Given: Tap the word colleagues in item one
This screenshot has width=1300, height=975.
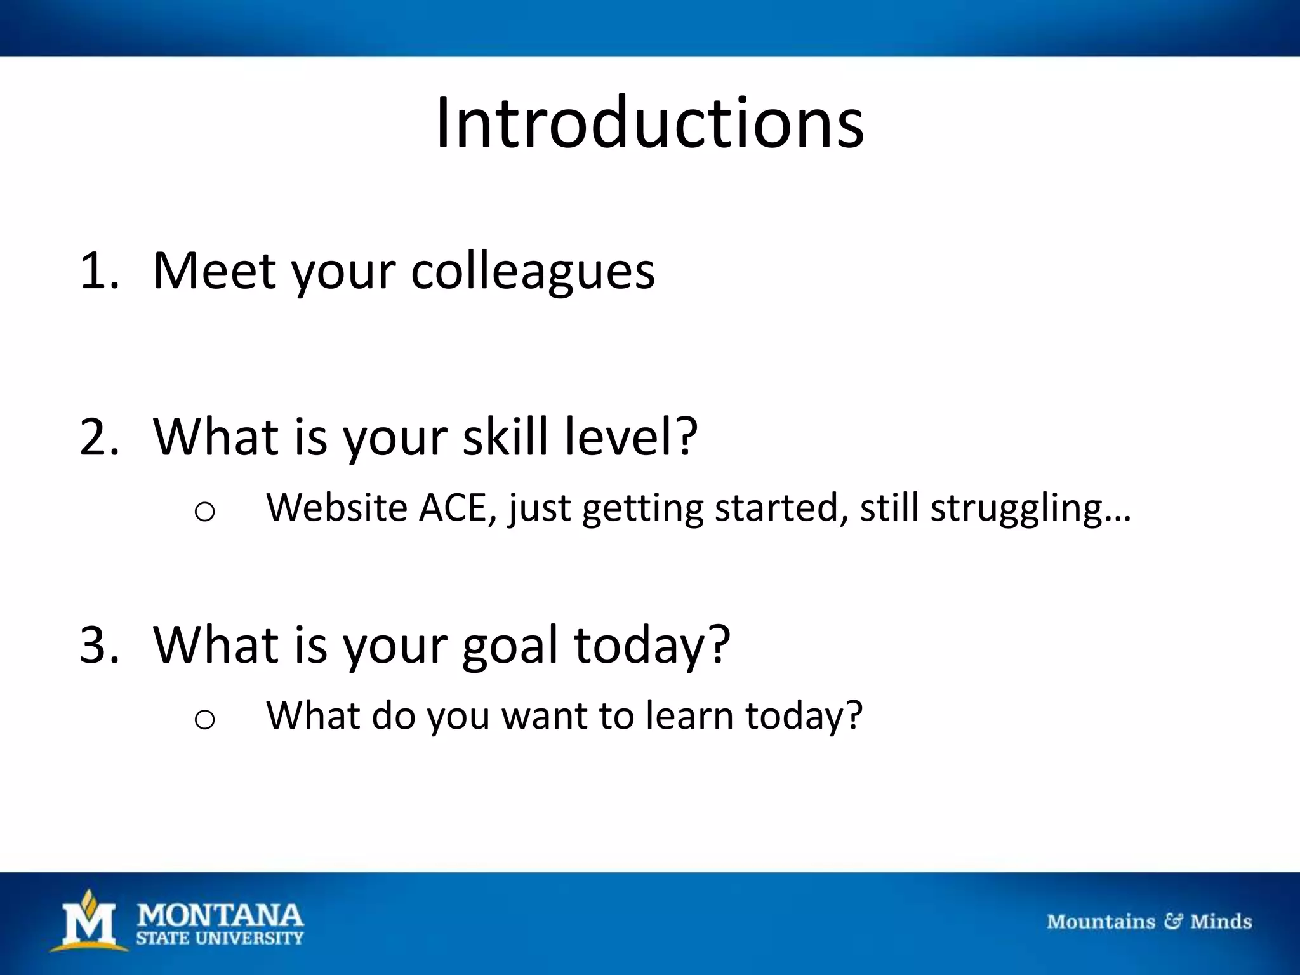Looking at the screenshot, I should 533,272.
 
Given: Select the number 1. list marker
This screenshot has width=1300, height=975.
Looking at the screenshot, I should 99,272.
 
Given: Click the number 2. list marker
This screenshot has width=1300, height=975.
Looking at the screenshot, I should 99,437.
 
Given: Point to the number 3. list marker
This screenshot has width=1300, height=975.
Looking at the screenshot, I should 99,645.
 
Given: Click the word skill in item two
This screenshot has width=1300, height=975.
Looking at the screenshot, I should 505,437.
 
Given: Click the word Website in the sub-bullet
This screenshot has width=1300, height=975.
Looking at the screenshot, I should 336,508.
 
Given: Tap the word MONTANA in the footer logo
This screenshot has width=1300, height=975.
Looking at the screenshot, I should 220,915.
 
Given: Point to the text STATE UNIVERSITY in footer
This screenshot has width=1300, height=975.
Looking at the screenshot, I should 220,938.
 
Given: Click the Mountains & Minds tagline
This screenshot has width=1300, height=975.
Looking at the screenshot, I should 1149,922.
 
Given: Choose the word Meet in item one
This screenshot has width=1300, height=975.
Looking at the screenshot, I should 215,272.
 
